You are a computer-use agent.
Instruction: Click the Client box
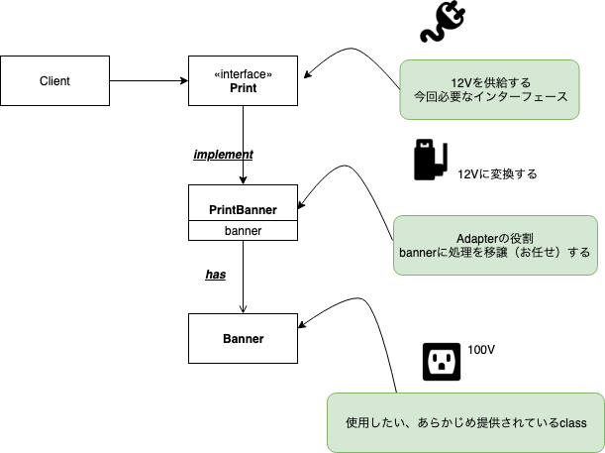[x=54, y=81]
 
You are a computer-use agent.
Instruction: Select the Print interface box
[x=243, y=81]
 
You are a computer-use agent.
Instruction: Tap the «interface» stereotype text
[x=243, y=74]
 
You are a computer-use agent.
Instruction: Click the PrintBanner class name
[x=243, y=210]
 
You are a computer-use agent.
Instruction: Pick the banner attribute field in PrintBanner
[x=243, y=231]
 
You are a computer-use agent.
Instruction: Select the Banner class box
[x=243, y=338]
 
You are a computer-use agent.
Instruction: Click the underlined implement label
[x=223, y=155]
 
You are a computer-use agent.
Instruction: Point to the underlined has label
[x=216, y=275]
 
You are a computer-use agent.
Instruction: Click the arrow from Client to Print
[x=149, y=81]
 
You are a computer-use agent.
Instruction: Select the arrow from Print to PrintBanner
[x=243, y=144]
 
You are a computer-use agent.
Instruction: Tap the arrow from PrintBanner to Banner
[x=243, y=278]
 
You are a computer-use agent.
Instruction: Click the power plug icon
[x=444, y=23]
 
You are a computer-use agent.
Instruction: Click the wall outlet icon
[x=442, y=361]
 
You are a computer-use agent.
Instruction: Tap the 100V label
[x=481, y=351]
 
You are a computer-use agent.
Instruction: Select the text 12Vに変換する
[x=497, y=173]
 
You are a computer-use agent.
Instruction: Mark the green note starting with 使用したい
[x=465, y=422]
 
